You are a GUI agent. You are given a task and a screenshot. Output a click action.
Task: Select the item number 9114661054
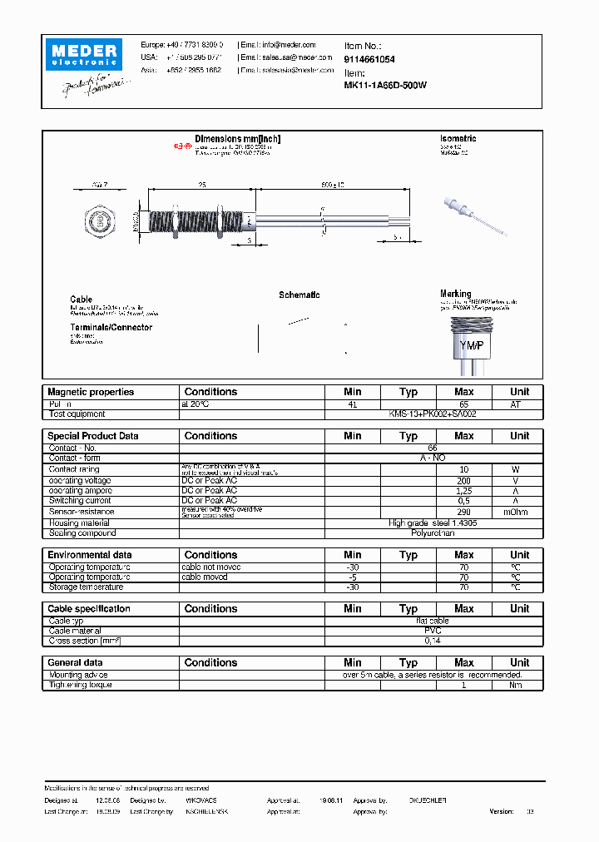point(369,60)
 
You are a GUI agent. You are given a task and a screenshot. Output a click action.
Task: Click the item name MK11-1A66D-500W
point(385,85)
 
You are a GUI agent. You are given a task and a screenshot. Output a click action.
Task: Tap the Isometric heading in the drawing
point(458,139)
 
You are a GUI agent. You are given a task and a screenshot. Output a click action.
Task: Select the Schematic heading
point(299,295)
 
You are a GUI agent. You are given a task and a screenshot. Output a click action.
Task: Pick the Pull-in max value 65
point(463,404)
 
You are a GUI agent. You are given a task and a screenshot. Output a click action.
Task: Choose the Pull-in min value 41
point(353,404)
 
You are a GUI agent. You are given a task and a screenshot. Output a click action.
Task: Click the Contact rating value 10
point(463,469)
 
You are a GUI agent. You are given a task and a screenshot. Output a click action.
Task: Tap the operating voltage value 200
point(463,481)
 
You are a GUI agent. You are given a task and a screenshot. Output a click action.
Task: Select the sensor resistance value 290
point(463,513)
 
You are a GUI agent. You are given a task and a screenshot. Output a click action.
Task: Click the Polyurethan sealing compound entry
point(433,533)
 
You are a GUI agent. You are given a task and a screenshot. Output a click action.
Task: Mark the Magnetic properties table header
point(91,392)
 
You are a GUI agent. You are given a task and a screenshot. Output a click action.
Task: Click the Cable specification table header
point(89,609)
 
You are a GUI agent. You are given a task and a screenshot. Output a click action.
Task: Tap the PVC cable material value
point(433,631)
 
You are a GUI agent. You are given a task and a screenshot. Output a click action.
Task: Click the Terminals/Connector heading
point(111,328)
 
